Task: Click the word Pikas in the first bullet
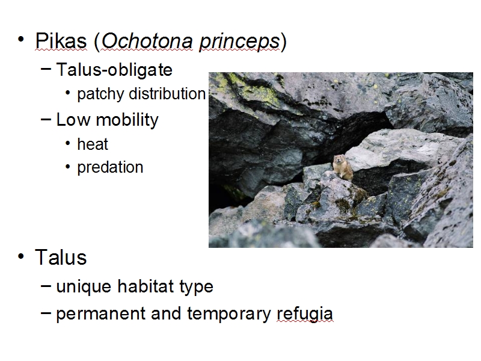pos(61,41)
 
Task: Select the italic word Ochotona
pos(147,41)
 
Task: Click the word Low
pos(73,119)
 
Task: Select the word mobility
pos(127,120)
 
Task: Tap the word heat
pos(93,144)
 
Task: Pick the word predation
pos(110,168)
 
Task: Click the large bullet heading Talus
pos(61,258)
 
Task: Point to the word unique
pos(84,287)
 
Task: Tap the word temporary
pos(229,314)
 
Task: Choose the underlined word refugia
pos(305,314)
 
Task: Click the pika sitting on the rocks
pos(343,168)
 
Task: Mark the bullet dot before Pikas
pos(21,40)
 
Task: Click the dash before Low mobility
pos(46,120)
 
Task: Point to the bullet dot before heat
pos(68,143)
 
